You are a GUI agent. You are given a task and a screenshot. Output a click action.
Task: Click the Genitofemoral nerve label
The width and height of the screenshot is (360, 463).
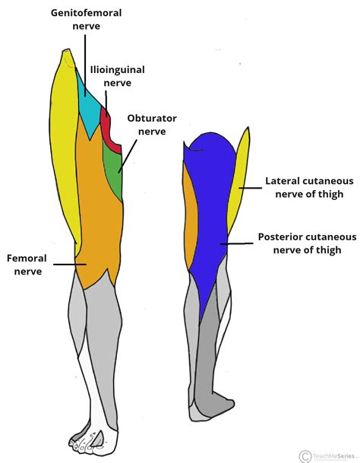[x=85, y=20]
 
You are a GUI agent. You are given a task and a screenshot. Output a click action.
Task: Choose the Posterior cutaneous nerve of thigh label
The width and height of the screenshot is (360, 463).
[x=307, y=243]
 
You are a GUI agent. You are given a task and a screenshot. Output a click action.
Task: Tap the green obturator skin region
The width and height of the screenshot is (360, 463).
[x=114, y=171]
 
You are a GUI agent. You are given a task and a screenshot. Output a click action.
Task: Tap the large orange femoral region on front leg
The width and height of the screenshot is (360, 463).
[x=99, y=213]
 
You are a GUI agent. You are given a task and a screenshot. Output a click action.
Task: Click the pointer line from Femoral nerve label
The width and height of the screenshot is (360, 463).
[x=69, y=265]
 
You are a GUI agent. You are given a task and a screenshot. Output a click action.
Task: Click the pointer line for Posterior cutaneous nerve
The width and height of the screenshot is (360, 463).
[x=236, y=243]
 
